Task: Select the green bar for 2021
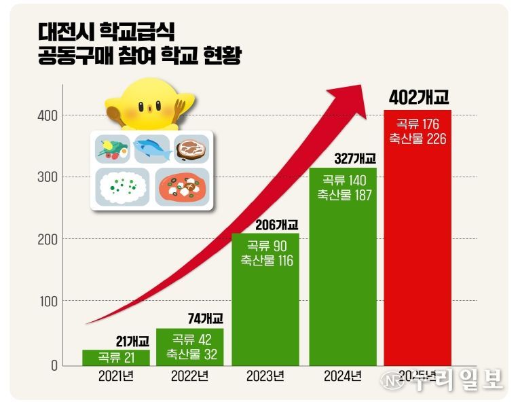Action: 115,358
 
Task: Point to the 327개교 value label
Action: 355,159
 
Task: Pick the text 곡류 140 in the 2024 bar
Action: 343,181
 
